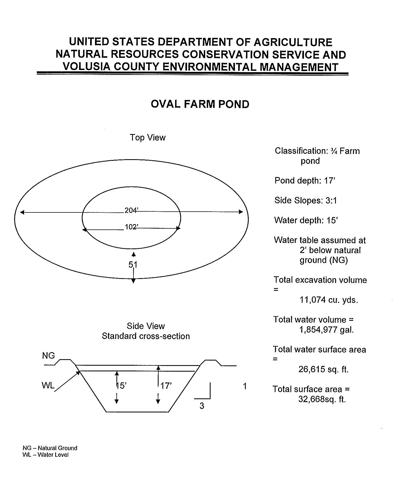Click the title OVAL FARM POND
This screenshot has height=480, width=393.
(x=200, y=104)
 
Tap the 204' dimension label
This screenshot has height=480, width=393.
(x=132, y=210)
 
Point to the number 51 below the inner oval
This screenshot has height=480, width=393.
(x=133, y=265)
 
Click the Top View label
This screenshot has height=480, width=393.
(x=148, y=138)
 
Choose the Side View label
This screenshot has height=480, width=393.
(x=146, y=326)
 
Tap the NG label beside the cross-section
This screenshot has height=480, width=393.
(x=48, y=355)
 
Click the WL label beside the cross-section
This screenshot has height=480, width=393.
(x=48, y=385)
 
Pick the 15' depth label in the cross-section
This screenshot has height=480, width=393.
(x=121, y=386)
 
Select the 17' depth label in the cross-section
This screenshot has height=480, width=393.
(x=166, y=386)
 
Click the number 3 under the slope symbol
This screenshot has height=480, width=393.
(x=202, y=406)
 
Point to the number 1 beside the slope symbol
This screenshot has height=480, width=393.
(x=245, y=386)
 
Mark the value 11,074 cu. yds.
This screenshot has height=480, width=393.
(x=329, y=300)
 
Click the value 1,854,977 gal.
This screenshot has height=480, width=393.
(x=326, y=330)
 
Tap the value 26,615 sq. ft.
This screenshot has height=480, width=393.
(x=323, y=369)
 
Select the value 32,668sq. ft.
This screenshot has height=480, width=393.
(x=322, y=399)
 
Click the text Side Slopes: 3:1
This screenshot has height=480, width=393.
(x=306, y=201)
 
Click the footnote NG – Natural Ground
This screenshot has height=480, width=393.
(x=50, y=448)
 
